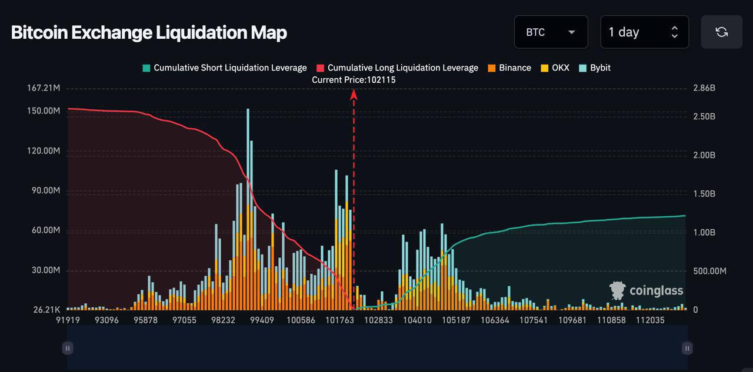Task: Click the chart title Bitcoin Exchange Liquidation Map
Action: pyautogui.click(x=149, y=32)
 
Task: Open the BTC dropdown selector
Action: pyautogui.click(x=551, y=32)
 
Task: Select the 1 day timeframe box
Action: pyautogui.click(x=644, y=32)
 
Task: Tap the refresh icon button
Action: pyautogui.click(x=721, y=32)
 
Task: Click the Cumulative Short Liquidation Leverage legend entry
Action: pyautogui.click(x=224, y=68)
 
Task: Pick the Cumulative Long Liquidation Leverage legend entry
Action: pyautogui.click(x=397, y=68)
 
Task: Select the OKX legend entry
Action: pyautogui.click(x=555, y=68)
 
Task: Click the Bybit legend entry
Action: pyautogui.click(x=595, y=68)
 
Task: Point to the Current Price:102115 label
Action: pyautogui.click(x=354, y=79)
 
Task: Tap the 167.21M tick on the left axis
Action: pyautogui.click(x=44, y=88)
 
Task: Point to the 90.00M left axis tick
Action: pyautogui.click(x=45, y=190)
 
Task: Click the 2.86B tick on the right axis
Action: pyautogui.click(x=704, y=88)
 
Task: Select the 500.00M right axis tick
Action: pyautogui.click(x=709, y=271)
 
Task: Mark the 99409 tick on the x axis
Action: pyautogui.click(x=262, y=320)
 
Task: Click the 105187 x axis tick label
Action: pyautogui.click(x=456, y=320)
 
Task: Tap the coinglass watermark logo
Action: pyautogui.click(x=647, y=290)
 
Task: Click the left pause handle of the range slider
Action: pyautogui.click(x=68, y=348)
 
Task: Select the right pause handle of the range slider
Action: pyautogui.click(x=687, y=348)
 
